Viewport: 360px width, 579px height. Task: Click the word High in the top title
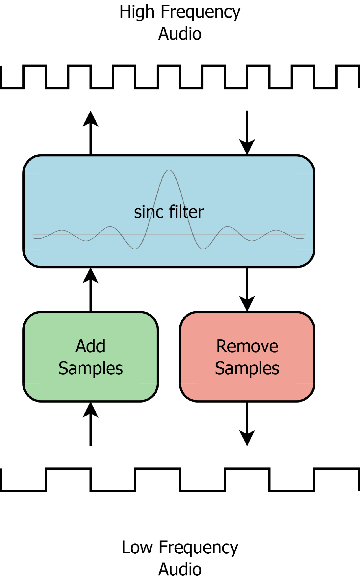(137, 12)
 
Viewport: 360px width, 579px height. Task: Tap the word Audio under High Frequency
(180, 34)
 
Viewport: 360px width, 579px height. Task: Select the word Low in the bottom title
(137, 547)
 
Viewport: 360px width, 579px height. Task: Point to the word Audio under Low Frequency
(180, 569)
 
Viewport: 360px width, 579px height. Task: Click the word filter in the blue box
(186, 212)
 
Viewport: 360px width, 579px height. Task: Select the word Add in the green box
(90, 346)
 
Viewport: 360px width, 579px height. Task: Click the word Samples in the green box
(90, 368)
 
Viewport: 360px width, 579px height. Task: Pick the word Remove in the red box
(247, 346)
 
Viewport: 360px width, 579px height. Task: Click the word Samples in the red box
(247, 368)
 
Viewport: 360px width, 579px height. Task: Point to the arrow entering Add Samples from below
(90, 424)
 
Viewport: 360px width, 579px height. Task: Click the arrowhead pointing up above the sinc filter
(90, 119)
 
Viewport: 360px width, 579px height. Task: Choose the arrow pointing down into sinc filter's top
(247, 133)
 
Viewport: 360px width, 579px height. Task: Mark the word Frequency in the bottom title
(198, 548)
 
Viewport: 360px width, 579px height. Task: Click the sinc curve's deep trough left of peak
(135, 248)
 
